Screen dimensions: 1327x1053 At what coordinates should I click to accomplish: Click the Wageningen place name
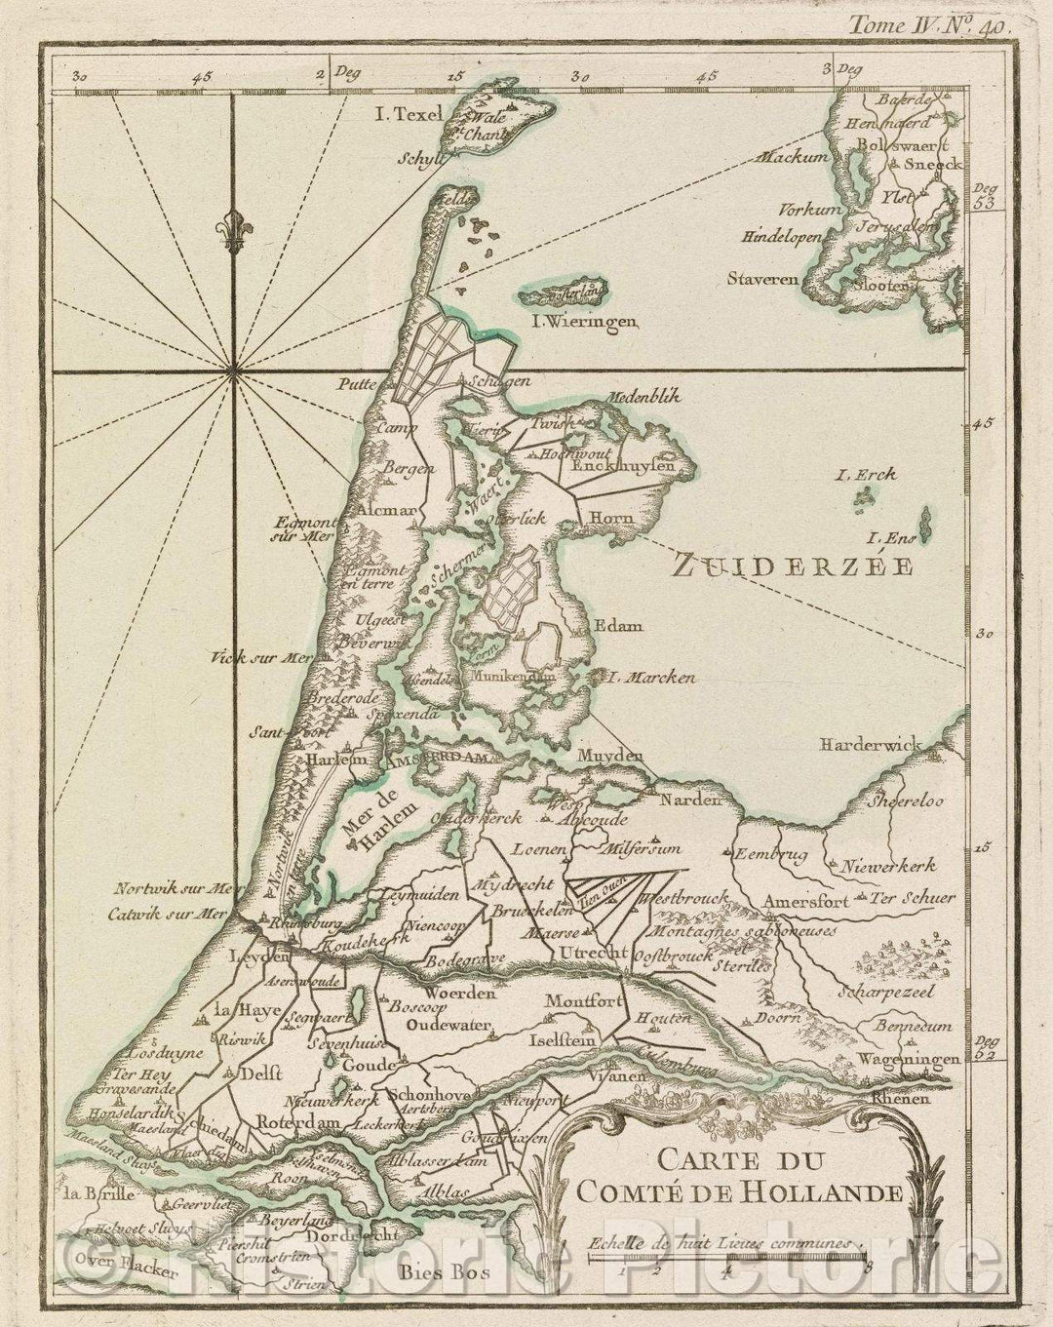901,1057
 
